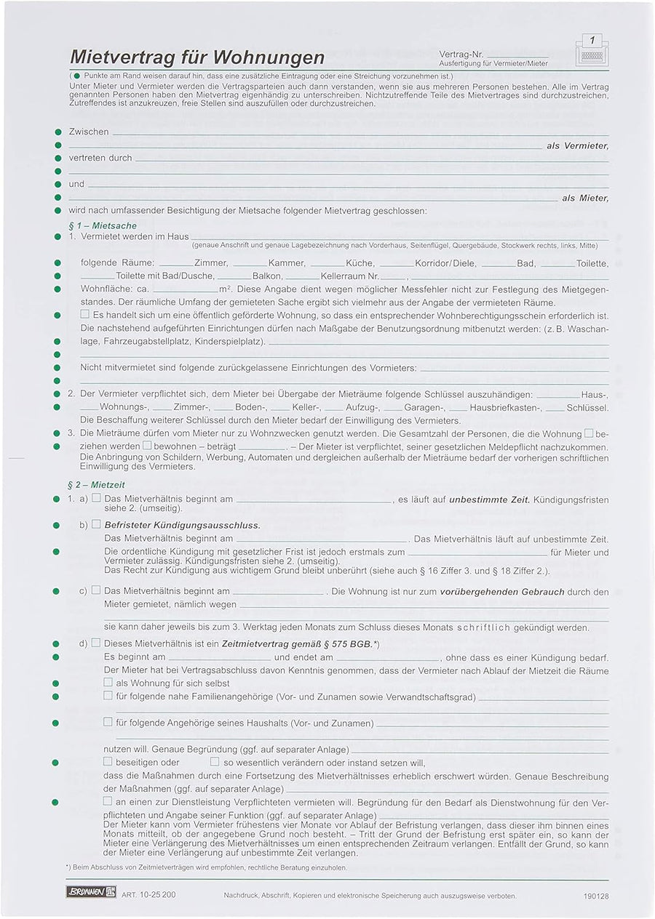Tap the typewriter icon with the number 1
click(x=592, y=51)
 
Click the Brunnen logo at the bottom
click(x=91, y=891)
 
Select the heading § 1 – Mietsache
click(x=103, y=226)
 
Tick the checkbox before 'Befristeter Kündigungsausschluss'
click(x=96, y=524)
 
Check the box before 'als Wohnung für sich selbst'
click(x=108, y=683)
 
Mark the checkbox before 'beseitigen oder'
click(x=108, y=762)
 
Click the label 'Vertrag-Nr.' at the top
click(x=461, y=55)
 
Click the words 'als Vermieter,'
click(x=577, y=146)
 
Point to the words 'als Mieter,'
click(x=585, y=198)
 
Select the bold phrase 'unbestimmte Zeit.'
click(x=489, y=499)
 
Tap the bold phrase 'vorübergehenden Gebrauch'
click(x=502, y=592)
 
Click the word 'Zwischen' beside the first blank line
click(x=89, y=132)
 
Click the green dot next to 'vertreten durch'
click(x=58, y=158)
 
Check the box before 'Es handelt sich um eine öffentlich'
click(x=85, y=314)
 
